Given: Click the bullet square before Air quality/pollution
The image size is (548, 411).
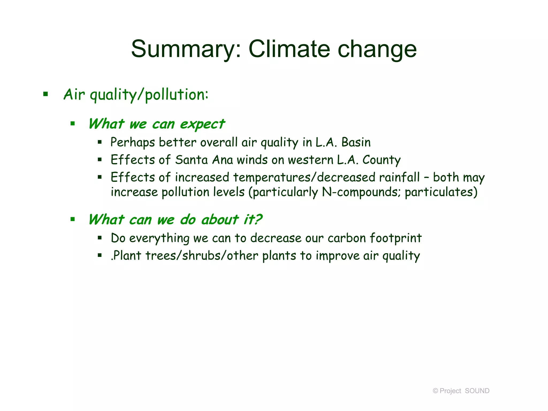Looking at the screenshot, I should point(45,94).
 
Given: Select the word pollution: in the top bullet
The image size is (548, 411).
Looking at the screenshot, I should point(177,95).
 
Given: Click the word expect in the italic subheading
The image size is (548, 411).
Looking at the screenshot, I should point(202,124).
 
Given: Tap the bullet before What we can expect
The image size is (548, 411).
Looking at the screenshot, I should point(73,124).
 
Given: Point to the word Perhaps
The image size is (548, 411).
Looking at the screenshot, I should point(132,142).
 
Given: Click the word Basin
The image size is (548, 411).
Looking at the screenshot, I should point(356,142).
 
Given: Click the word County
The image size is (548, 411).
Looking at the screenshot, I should point(381,160).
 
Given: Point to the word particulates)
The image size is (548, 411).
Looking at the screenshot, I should point(441,192).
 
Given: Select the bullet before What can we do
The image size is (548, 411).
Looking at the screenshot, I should point(73,219).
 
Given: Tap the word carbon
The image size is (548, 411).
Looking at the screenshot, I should point(347,238).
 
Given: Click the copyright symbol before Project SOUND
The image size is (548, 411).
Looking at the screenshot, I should point(435,391).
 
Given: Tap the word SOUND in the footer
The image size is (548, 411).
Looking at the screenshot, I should point(477,391).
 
